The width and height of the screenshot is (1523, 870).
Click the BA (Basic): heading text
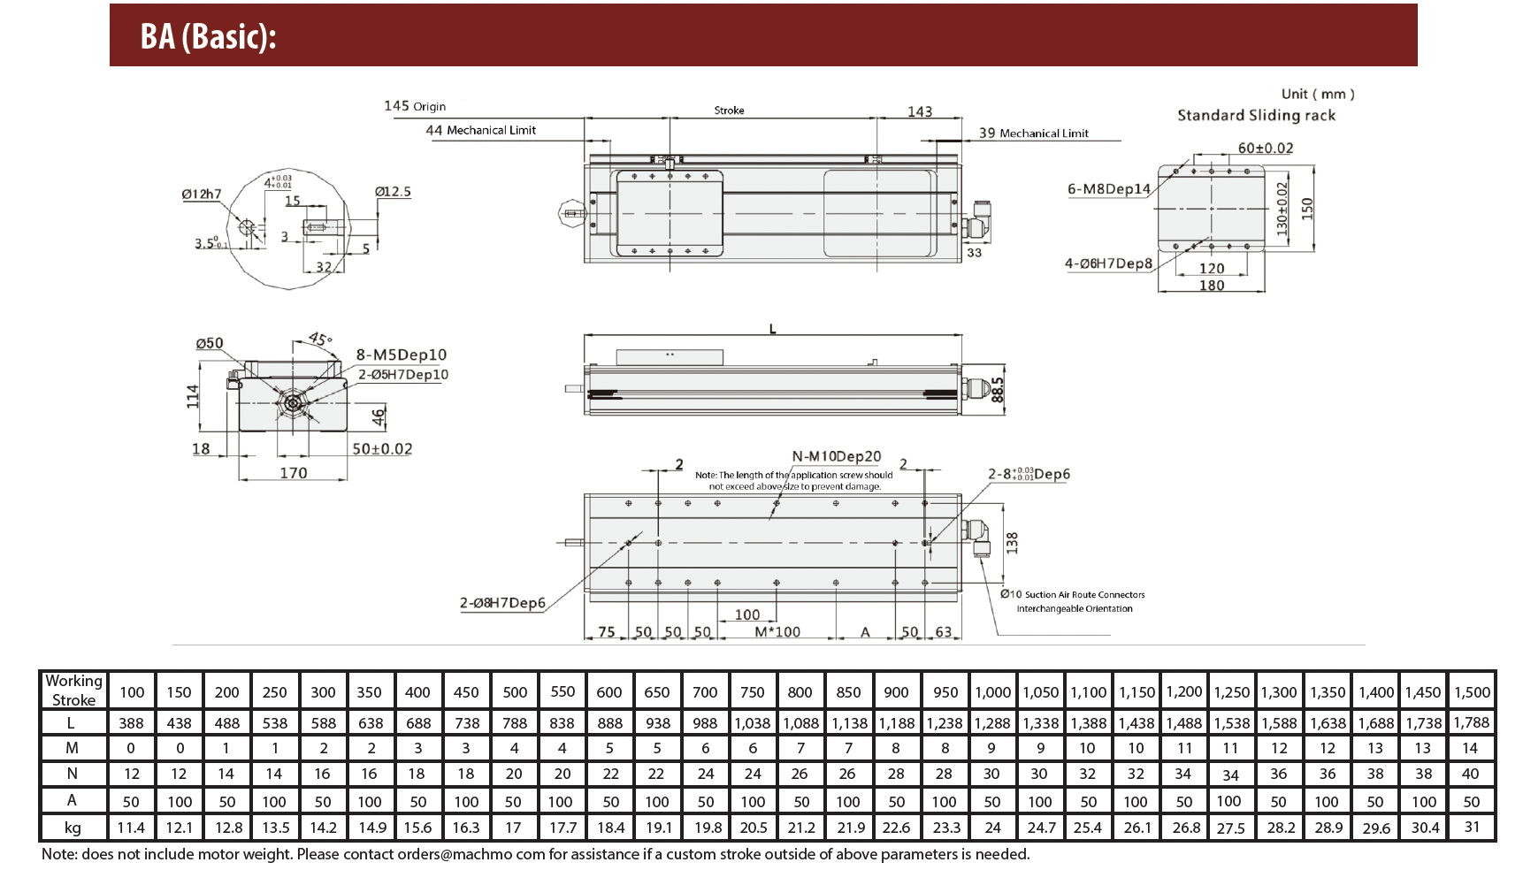(x=209, y=36)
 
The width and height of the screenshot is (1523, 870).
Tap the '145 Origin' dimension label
(x=415, y=106)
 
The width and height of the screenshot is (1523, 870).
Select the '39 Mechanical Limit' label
(x=1033, y=133)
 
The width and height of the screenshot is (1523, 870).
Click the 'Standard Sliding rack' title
(x=1256, y=115)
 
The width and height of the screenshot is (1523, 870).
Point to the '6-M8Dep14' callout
(x=1109, y=188)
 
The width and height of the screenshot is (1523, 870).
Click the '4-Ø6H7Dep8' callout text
(x=1108, y=263)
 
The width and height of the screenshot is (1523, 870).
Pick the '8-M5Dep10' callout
(x=401, y=355)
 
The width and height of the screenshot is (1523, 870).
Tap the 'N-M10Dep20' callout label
(x=836, y=456)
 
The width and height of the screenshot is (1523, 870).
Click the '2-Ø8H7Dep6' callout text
(x=502, y=603)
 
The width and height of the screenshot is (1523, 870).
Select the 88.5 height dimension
(x=999, y=390)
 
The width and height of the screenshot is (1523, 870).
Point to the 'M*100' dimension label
(x=777, y=631)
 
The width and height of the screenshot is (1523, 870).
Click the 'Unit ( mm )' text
(x=1318, y=94)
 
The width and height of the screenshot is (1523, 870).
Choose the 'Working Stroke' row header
(x=73, y=691)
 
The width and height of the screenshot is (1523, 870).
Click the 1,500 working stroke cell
(x=1472, y=692)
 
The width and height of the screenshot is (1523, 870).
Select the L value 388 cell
(x=131, y=723)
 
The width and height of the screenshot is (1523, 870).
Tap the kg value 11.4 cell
(x=131, y=828)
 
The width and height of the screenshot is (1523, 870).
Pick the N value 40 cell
(x=1470, y=774)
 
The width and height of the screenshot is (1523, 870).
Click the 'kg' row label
(x=73, y=828)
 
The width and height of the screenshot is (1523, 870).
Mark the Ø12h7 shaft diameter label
(x=202, y=194)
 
